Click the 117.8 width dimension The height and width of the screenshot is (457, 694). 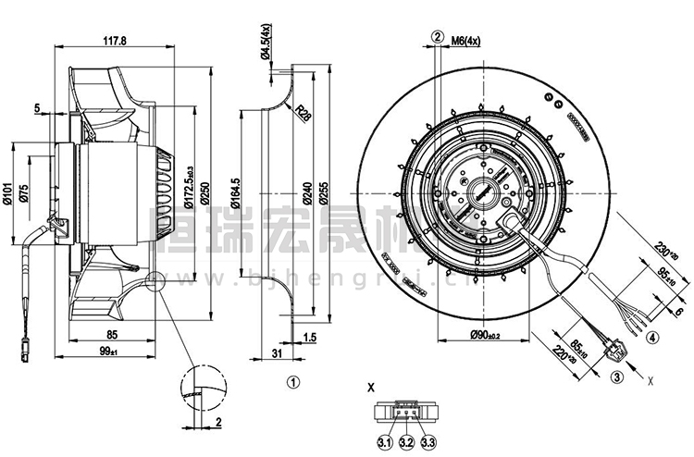114,41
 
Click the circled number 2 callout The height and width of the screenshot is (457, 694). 435,38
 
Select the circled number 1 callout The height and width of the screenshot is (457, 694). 292,379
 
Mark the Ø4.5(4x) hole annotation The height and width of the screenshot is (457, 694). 266,43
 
